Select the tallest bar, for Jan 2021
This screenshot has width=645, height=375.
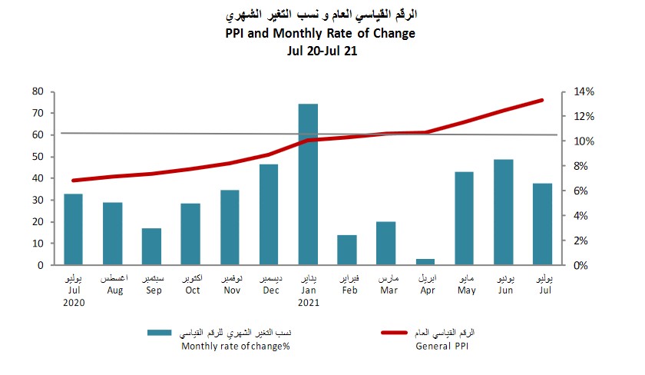[308, 184]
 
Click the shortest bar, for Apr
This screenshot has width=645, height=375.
[425, 262]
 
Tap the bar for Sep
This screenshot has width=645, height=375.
[151, 246]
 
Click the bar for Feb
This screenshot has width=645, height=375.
[347, 250]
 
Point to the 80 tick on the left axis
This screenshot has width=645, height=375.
[38, 91]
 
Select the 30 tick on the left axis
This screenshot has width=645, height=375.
[38, 201]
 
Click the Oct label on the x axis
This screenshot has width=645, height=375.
[191, 290]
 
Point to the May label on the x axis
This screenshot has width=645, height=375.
[465, 290]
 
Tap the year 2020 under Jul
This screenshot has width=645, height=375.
[74, 302]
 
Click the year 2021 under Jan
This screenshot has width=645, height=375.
[308, 302]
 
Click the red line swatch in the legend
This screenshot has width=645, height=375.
[402, 333]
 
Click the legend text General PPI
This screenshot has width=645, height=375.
[444, 347]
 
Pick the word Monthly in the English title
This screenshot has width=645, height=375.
[299, 33]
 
